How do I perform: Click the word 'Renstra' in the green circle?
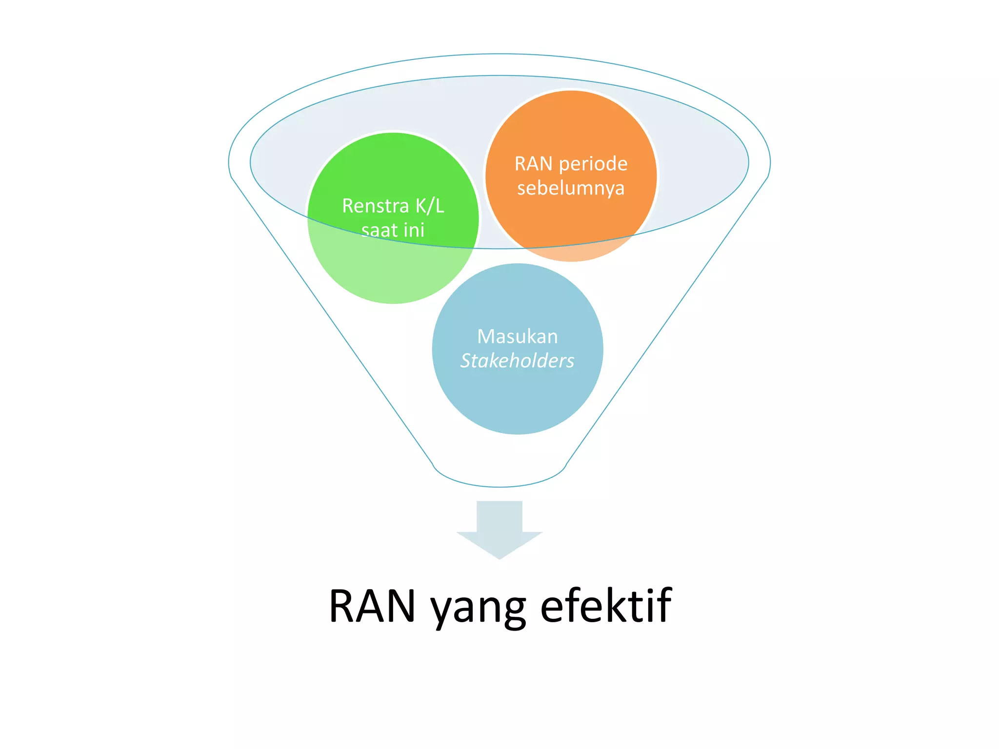coord(375,206)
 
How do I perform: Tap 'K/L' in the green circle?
coord(430,206)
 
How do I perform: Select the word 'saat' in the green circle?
coord(379,230)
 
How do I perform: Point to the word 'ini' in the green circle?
coord(414,230)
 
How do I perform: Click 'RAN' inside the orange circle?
coord(534,164)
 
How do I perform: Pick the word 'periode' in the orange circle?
coord(593,164)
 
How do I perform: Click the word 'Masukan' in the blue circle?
coord(518,337)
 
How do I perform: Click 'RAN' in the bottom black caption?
coord(372,606)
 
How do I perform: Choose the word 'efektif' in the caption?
coord(606,606)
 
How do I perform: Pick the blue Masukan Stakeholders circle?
coord(518,400)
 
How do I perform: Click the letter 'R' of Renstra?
coord(348,206)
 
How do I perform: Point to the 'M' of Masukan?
coord(486,337)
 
